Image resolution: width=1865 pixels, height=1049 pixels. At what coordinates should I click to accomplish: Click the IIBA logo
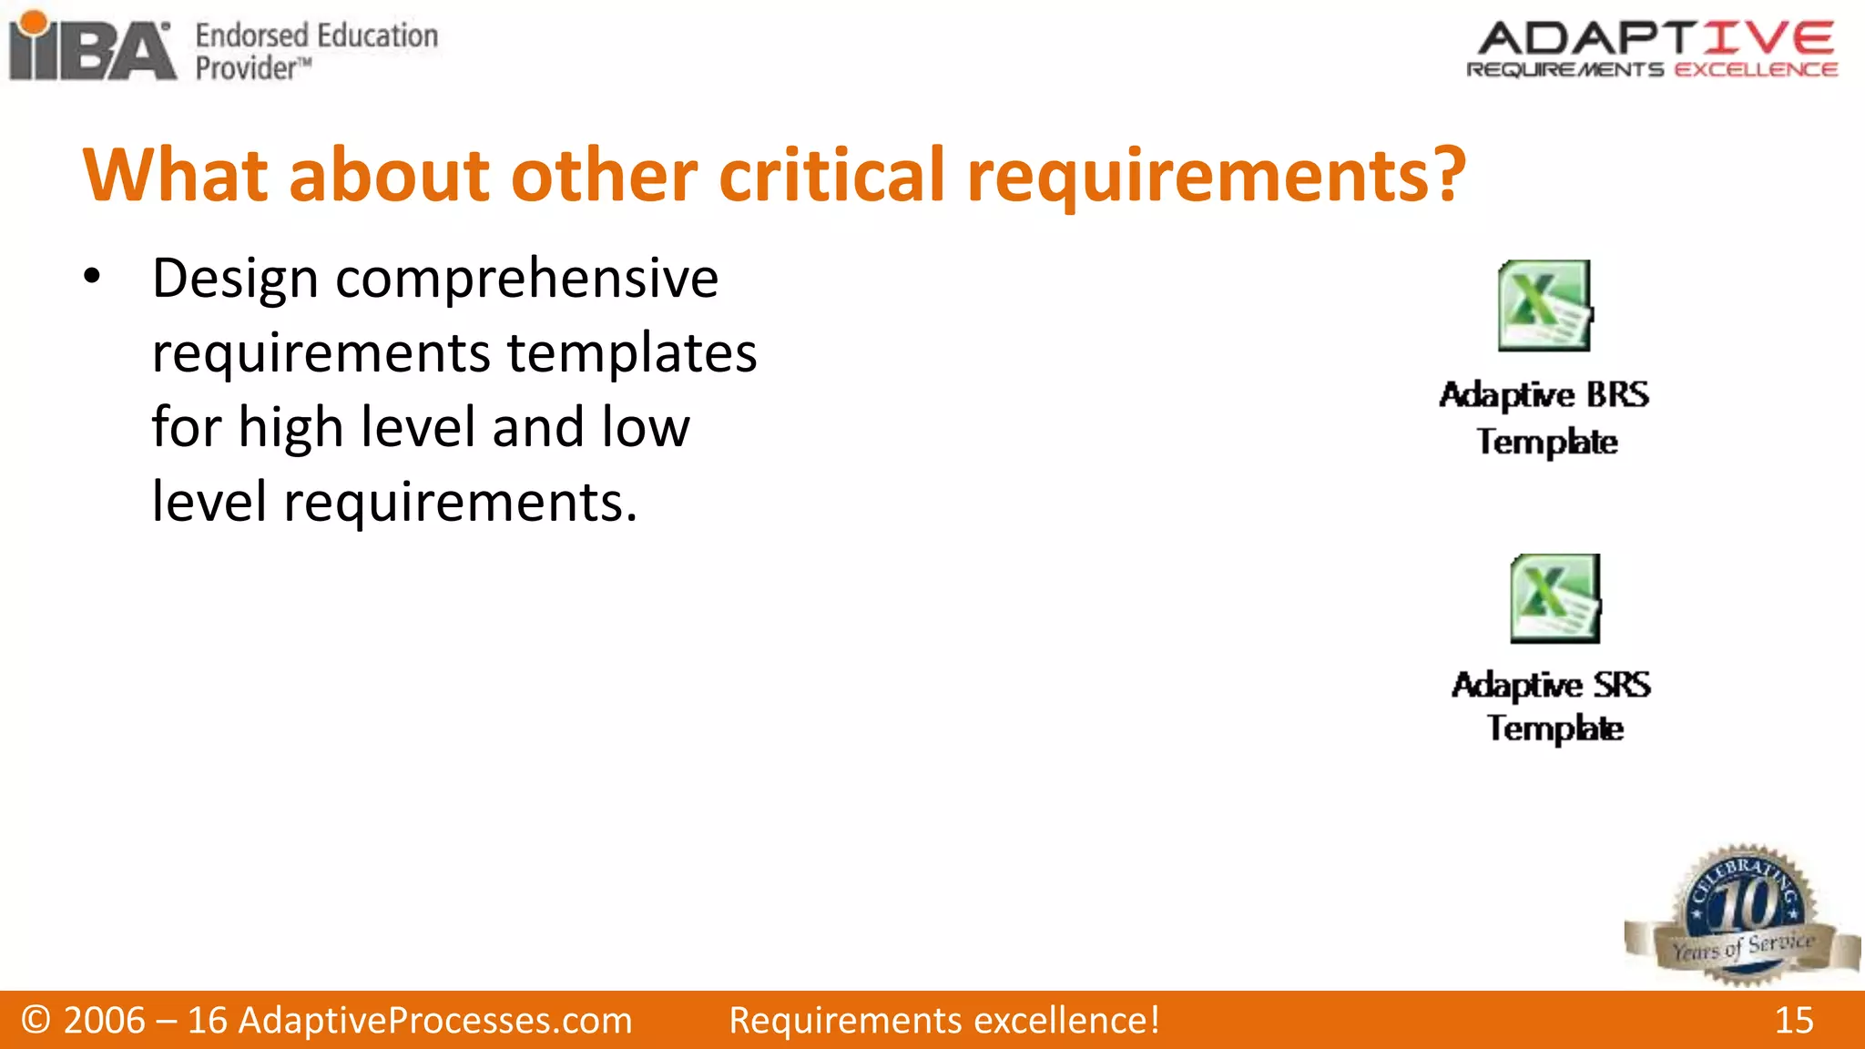[x=91, y=47]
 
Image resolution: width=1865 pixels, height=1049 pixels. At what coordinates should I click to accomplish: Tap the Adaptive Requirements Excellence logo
[x=1653, y=49]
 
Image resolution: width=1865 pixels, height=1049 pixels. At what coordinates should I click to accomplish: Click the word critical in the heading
[x=831, y=175]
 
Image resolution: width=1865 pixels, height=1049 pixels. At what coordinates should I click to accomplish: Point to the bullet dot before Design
[x=91, y=277]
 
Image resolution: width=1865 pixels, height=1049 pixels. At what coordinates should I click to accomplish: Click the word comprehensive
[x=527, y=279]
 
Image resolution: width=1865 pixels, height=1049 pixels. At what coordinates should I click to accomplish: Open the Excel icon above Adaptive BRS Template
[x=1544, y=306]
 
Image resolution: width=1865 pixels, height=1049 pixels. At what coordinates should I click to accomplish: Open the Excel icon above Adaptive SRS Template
[x=1554, y=598]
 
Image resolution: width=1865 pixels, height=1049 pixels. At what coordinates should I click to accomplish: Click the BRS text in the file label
[x=1617, y=395]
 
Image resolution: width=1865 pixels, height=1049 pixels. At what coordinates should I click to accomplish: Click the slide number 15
[x=1793, y=1021]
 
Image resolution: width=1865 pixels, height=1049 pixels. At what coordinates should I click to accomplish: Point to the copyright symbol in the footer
[x=36, y=1021]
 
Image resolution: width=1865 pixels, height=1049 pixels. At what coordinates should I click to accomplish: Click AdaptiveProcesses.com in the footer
[x=435, y=1021]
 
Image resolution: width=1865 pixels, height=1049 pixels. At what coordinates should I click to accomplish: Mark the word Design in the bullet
[x=235, y=279]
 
